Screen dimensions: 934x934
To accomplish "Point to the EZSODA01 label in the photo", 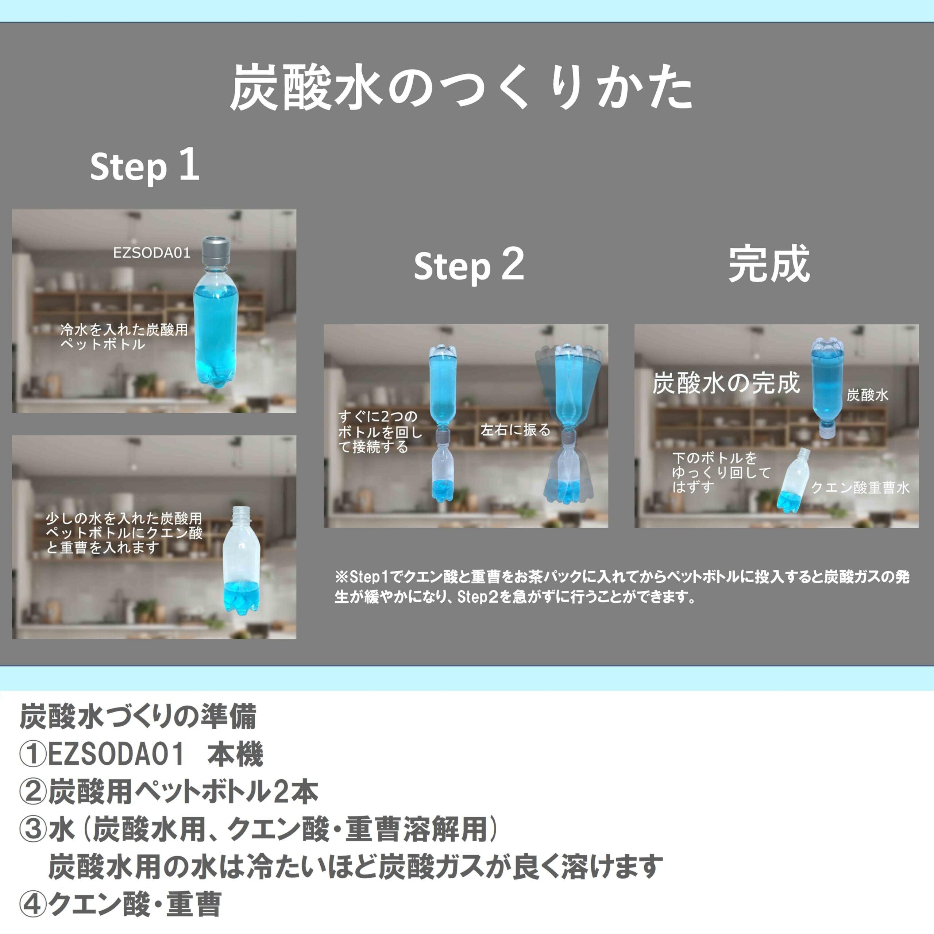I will click(151, 253).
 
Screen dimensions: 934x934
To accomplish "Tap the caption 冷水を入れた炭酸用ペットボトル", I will click(123, 337).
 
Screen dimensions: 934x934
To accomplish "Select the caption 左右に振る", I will click(516, 430).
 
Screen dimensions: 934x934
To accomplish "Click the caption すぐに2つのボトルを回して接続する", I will click(379, 431).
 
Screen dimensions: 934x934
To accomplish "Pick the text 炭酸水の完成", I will click(726, 383).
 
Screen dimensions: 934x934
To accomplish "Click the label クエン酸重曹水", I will click(860, 487).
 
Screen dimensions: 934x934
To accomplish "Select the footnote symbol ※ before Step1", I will click(341, 577).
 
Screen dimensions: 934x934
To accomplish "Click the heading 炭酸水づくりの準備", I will click(138, 717).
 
